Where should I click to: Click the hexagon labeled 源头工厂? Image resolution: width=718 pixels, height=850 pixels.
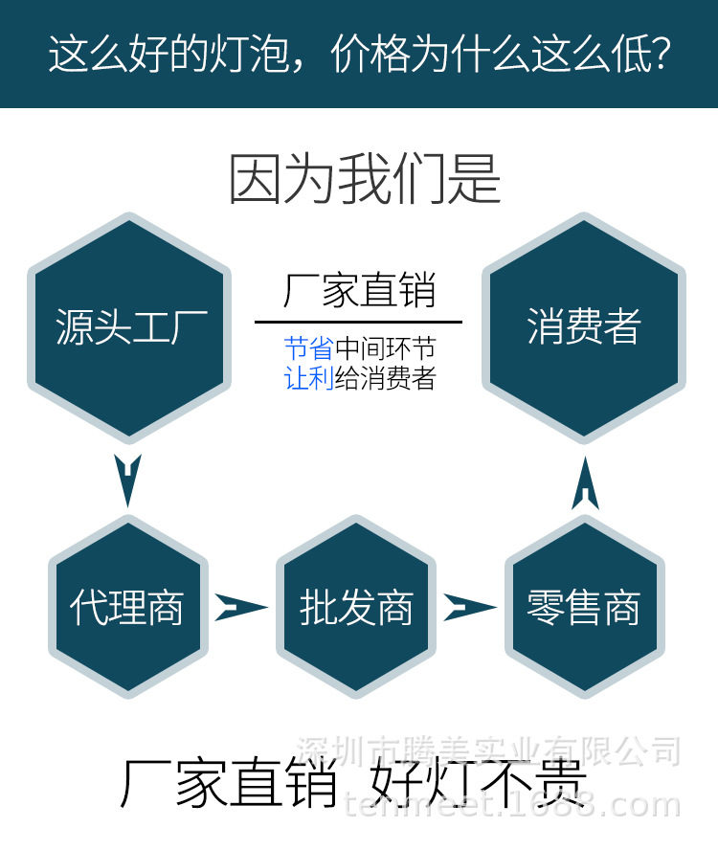129,326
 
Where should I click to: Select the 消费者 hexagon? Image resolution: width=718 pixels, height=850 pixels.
583,326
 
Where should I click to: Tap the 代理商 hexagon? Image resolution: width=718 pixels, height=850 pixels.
127,607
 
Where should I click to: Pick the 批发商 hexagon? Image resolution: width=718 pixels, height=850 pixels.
356,607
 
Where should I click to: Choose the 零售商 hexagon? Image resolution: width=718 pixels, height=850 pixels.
583,607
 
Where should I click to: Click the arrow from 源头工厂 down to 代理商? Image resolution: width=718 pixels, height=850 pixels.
127,478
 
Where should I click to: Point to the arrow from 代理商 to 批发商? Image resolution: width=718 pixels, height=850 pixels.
240,607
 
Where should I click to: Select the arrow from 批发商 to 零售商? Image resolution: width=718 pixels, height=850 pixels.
469,607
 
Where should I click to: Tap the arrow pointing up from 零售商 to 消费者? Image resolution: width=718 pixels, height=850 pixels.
585,484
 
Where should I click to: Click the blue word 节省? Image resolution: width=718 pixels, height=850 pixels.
308,348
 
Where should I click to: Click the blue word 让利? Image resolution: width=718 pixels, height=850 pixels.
308,379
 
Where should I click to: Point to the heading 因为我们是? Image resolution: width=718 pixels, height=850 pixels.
365,179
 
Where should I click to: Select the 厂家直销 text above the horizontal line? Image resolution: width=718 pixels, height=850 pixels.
359,291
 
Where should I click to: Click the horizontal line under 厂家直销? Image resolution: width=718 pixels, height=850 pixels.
358,323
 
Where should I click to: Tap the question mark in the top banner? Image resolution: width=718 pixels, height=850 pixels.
659,55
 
